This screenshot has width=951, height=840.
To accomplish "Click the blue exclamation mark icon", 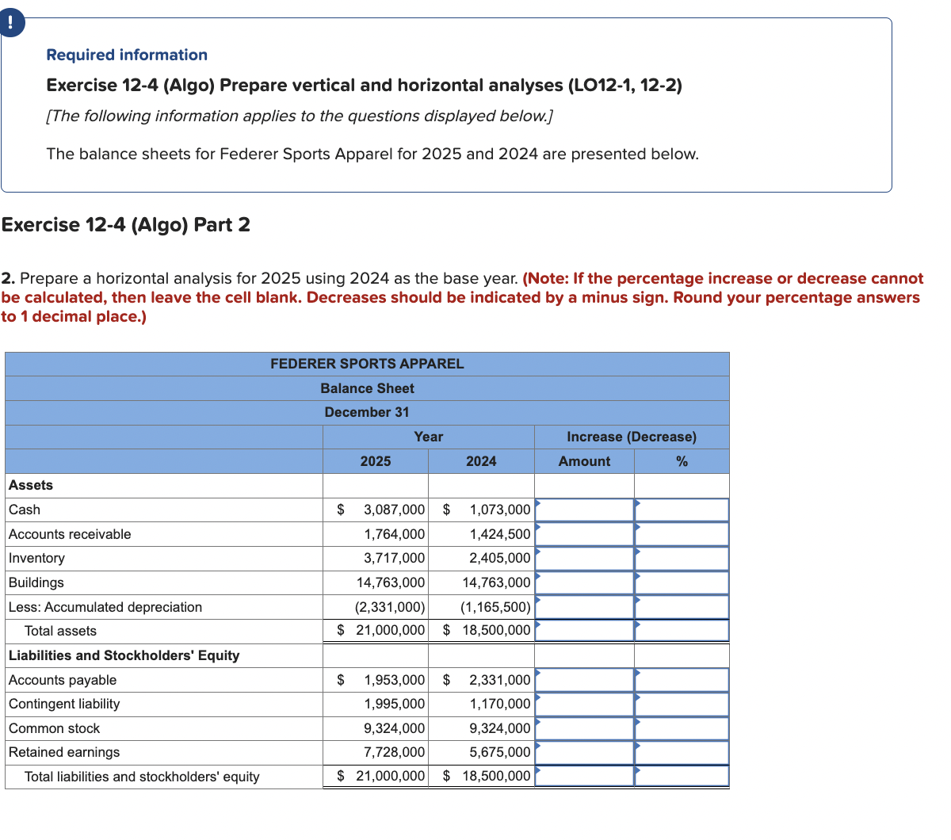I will tap(10, 21).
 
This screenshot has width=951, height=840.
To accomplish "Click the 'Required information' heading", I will tap(127, 55).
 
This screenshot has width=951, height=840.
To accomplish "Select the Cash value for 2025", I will tap(394, 510).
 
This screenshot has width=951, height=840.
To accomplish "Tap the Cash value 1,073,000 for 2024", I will tap(499, 510).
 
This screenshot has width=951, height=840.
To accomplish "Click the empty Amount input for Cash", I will tap(585, 510).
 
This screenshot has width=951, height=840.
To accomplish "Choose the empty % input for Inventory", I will tap(682, 558).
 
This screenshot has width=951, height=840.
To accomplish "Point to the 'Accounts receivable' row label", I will tap(70, 534).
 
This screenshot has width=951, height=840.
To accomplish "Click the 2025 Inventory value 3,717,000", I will tap(394, 558).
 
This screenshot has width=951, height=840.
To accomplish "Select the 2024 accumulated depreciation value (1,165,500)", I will tap(495, 607).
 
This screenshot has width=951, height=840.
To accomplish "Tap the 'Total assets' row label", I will tap(60, 631).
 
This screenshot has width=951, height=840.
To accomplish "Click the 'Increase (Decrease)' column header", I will tap(632, 437).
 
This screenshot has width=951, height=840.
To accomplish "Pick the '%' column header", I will tap(682, 461).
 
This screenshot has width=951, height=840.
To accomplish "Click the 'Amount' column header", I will tap(584, 461).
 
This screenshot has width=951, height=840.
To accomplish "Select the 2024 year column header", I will tap(481, 461).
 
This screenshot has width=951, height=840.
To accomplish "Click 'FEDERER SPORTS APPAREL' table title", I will tap(367, 364).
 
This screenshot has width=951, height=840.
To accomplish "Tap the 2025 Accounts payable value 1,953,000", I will tap(394, 680).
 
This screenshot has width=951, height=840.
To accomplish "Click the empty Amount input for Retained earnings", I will tap(585, 752).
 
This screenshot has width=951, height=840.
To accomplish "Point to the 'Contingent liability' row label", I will tap(64, 704).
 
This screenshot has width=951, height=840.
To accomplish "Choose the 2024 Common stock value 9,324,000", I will tap(499, 728).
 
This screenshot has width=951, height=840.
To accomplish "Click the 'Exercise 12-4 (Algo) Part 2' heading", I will tap(126, 225).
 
